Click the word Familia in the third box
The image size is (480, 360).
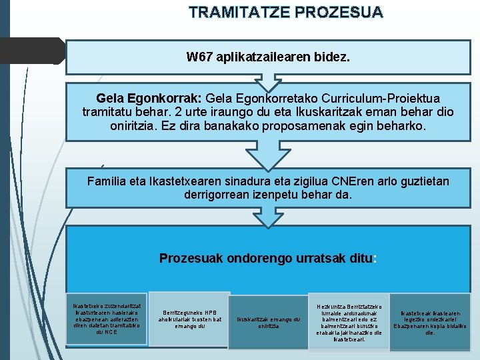pos(107,181)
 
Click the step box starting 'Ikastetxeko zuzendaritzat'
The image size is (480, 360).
pos(107,319)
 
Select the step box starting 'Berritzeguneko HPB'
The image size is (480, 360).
pos(190,319)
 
